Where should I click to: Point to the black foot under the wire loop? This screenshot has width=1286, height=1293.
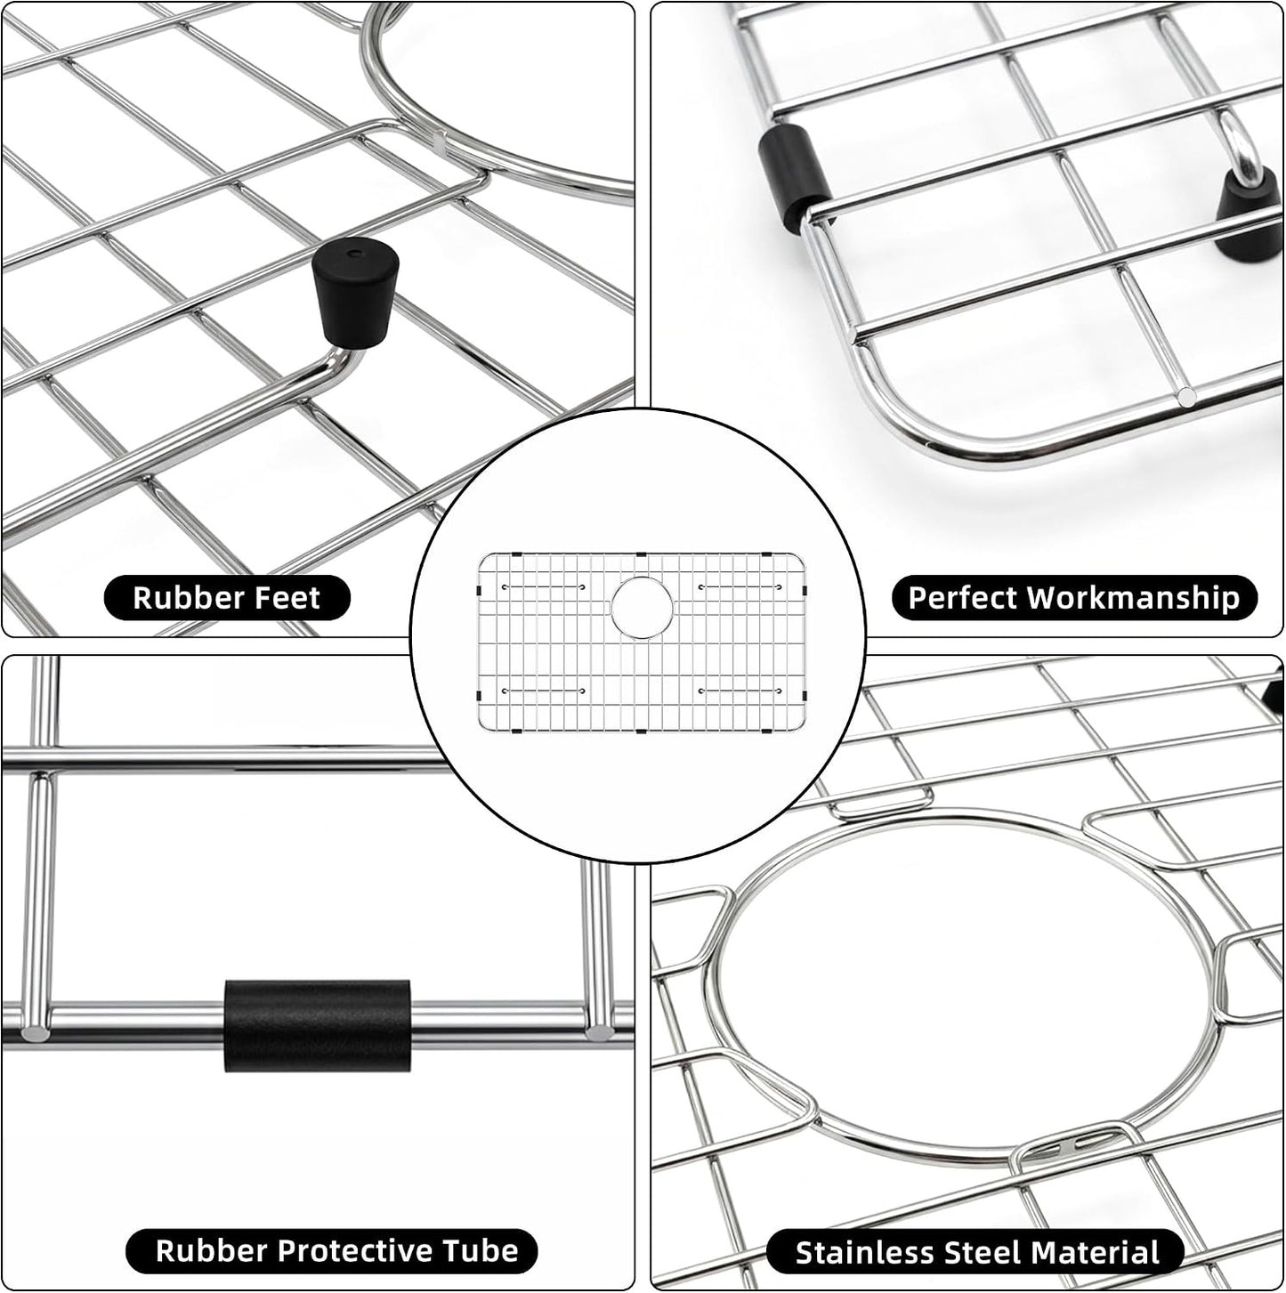click(1250, 214)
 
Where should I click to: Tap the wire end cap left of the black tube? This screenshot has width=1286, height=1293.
click(34, 1033)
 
